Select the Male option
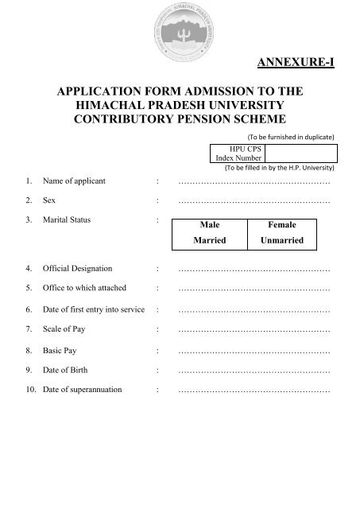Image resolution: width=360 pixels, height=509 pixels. pyautogui.click(x=211, y=225)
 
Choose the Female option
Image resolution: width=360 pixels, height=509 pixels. pyautogui.click(x=282, y=225)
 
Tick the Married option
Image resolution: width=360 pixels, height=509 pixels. pyautogui.click(x=211, y=239)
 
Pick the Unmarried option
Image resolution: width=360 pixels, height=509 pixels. pyautogui.click(x=282, y=239)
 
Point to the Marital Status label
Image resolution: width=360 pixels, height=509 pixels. pyautogui.click(x=68, y=217)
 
